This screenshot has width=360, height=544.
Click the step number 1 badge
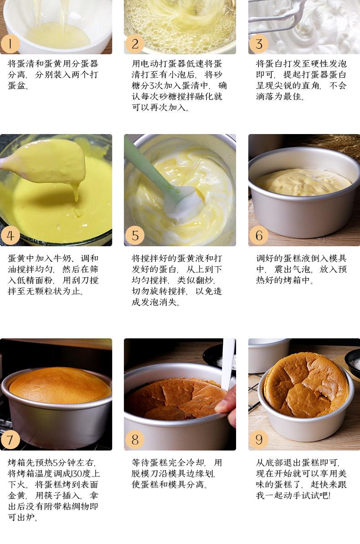[10, 44]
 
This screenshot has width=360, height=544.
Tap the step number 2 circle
[134, 44]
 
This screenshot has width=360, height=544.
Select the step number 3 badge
[259, 44]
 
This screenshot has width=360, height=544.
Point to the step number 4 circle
[10, 236]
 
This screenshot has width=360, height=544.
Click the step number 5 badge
[134, 236]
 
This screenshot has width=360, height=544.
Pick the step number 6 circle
[259, 236]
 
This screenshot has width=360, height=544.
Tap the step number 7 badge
[10, 440]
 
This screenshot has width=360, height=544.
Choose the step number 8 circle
[134, 440]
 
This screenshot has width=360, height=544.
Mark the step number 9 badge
[259, 440]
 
